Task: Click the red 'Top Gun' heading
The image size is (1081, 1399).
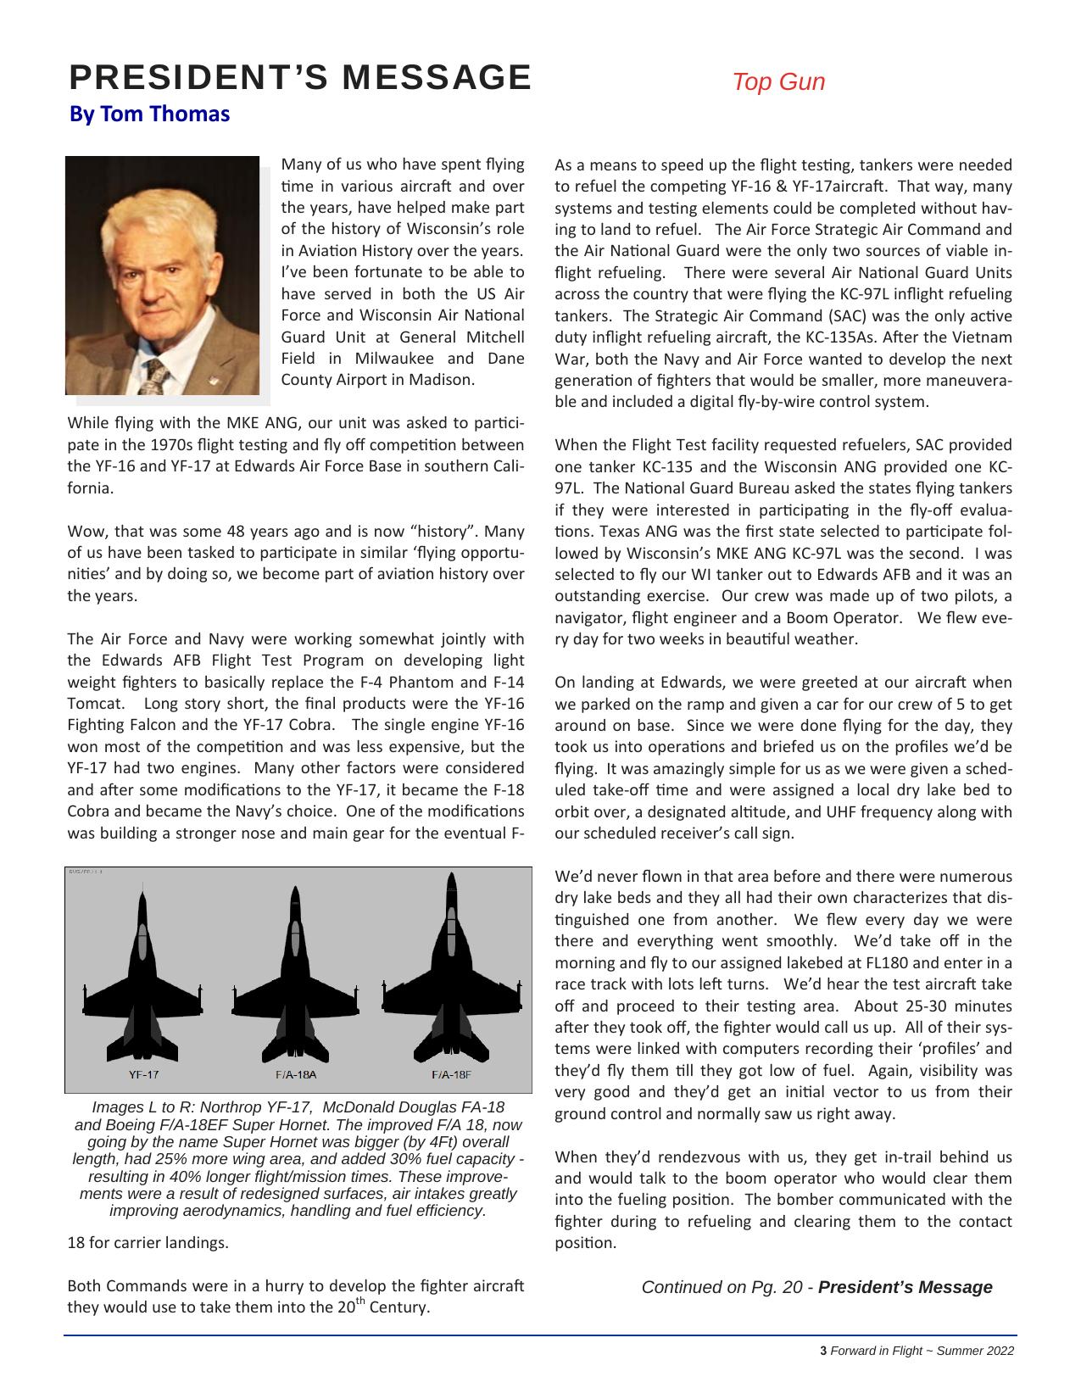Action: (x=777, y=82)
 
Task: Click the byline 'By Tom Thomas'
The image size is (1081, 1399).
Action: (x=149, y=114)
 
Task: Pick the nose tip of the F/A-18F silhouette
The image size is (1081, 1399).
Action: (x=451, y=875)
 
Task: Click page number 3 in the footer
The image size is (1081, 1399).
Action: (x=823, y=1351)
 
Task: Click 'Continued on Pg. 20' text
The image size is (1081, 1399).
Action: (x=722, y=1287)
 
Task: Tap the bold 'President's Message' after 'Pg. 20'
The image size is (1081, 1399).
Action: (x=905, y=1287)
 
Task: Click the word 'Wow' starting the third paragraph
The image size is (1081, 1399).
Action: (x=84, y=532)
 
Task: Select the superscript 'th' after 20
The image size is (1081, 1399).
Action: (x=360, y=1301)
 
